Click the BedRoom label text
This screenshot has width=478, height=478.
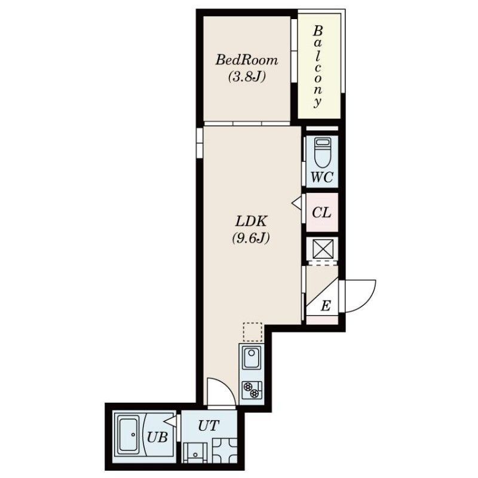(x=247, y=60)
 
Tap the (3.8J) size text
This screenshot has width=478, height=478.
(x=247, y=76)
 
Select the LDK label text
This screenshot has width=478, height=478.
(x=251, y=221)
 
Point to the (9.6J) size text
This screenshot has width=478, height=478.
(x=251, y=238)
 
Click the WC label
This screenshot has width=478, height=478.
(x=322, y=177)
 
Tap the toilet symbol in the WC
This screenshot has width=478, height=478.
(x=323, y=153)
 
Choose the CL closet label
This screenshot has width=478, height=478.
(x=321, y=212)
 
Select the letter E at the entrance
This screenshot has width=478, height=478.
(x=326, y=305)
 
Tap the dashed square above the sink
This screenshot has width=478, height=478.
(x=253, y=332)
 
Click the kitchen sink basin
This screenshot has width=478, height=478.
(x=252, y=357)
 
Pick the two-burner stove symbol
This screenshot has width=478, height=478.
(x=252, y=390)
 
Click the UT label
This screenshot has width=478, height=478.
(x=209, y=425)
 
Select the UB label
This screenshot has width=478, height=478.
(x=157, y=437)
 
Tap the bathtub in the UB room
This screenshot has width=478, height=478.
(x=128, y=434)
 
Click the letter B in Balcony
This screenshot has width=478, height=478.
(x=318, y=30)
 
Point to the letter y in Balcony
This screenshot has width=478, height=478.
(x=318, y=102)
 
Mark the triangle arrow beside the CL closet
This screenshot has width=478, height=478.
(x=297, y=203)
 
